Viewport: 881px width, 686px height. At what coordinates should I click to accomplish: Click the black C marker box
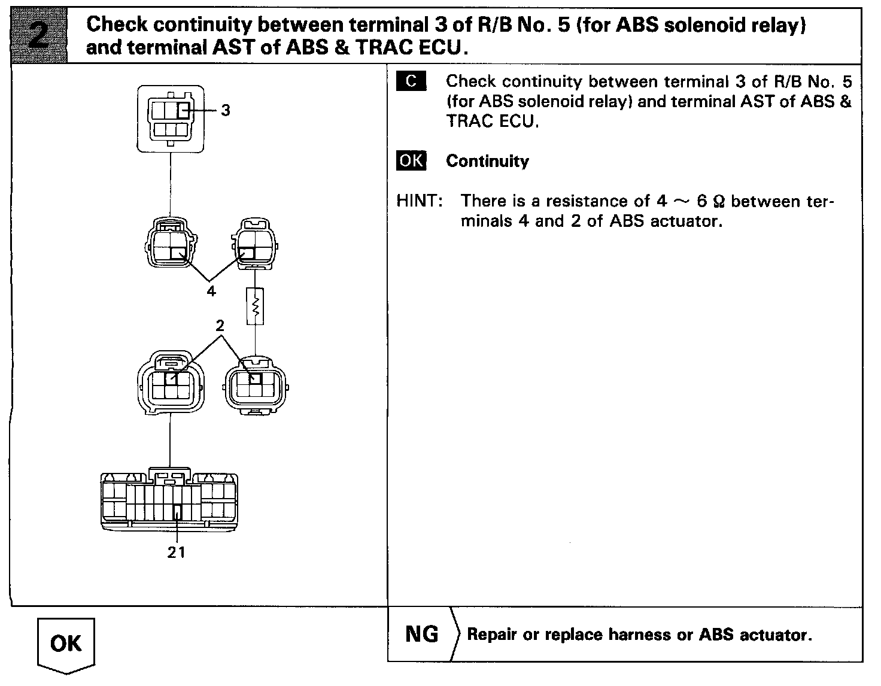point(411,81)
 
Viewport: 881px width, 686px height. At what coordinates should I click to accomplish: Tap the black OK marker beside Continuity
point(411,161)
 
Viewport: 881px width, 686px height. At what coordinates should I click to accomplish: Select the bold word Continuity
point(487,161)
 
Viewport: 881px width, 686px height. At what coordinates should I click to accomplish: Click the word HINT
point(418,201)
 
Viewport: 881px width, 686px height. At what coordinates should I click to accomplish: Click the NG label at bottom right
point(422,634)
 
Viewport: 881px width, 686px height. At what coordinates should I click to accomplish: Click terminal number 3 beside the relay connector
point(225,111)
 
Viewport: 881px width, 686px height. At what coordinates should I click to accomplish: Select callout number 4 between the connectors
point(211,292)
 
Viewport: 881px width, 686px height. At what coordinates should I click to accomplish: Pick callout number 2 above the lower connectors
point(220,326)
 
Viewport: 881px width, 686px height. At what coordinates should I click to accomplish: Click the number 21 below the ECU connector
point(177,552)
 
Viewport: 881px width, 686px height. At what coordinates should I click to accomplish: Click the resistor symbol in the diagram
point(256,306)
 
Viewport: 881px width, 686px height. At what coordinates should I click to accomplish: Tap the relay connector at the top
point(171,118)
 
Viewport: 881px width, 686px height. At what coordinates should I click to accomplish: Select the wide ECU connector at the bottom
point(169,499)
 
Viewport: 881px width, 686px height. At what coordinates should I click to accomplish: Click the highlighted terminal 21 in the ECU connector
point(177,512)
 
